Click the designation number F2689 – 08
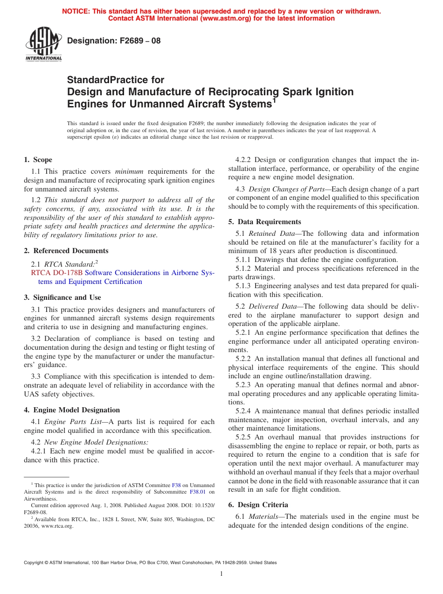(114, 41)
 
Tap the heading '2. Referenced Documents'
(66, 251)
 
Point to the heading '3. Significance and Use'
(62, 297)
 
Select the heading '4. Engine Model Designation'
(72, 410)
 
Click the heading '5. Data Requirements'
(264, 222)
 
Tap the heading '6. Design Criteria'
(258, 505)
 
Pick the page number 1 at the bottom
(221, 574)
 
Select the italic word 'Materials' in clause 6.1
(264, 516)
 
